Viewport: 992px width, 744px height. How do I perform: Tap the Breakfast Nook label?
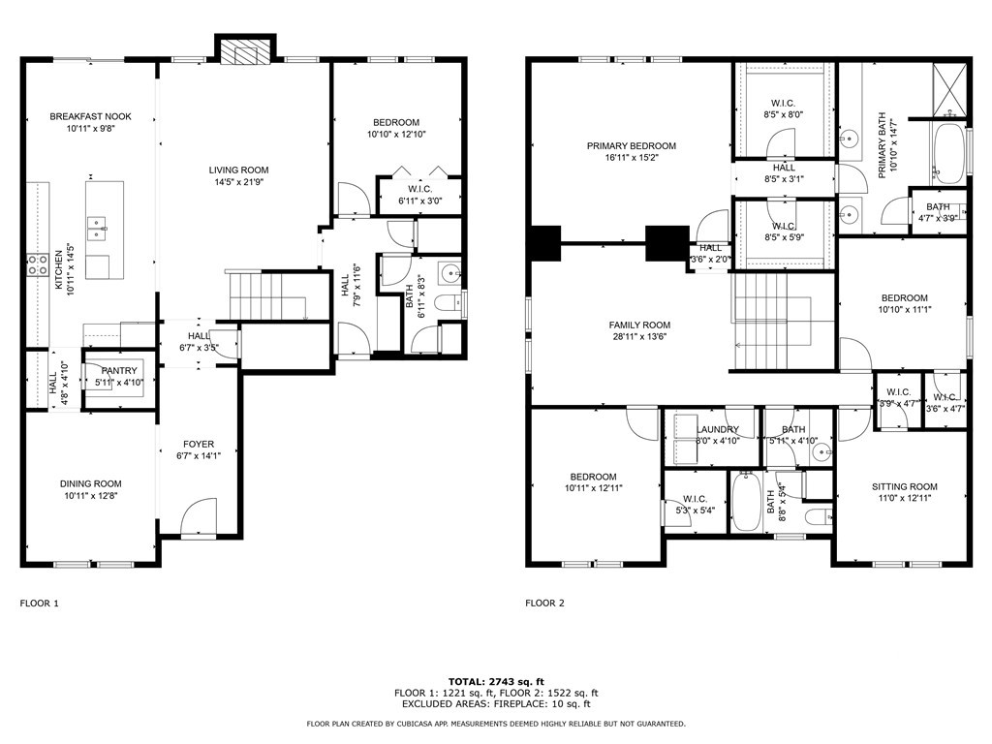(90, 116)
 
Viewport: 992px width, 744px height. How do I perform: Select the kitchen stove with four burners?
(38, 265)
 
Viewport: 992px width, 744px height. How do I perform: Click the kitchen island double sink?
(97, 229)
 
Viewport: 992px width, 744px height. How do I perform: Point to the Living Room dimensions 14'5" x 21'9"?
(238, 182)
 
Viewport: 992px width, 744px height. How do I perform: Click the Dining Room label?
(90, 484)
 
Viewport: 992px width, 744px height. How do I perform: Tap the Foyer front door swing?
(198, 517)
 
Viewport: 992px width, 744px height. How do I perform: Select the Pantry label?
(119, 371)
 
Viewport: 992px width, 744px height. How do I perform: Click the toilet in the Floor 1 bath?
(449, 303)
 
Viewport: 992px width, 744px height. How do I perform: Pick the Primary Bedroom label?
(632, 146)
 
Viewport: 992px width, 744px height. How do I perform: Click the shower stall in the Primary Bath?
(949, 90)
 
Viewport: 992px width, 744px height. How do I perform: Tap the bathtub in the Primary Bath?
(948, 154)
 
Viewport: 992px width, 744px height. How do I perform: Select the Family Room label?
(639, 325)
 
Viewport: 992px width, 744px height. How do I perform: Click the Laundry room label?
(718, 429)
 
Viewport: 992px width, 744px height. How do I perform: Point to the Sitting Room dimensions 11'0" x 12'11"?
(905, 499)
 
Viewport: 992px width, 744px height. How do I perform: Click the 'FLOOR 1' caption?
(39, 604)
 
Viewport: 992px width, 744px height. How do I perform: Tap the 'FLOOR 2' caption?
(544, 604)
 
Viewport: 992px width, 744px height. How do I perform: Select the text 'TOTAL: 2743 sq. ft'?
(496, 682)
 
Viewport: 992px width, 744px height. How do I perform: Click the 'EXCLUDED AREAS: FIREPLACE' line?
(496, 703)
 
